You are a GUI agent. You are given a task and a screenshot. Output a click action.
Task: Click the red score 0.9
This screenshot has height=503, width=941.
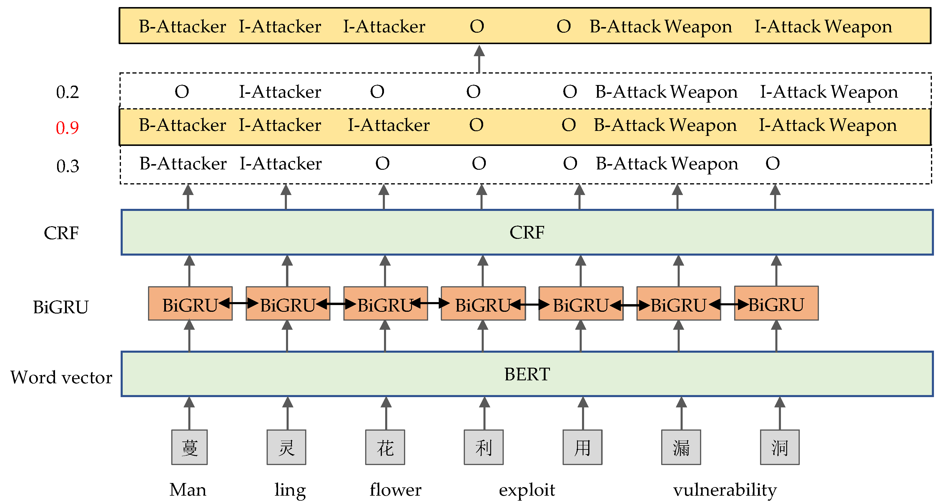coord(67,127)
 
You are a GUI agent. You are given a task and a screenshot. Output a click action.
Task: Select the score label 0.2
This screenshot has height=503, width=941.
coord(67,92)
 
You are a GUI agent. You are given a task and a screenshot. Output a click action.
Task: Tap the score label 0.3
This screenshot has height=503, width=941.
coord(68,166)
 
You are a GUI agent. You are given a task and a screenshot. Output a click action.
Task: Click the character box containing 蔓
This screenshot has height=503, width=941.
coord(189,447)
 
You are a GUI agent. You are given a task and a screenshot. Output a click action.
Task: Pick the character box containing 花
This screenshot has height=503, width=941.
coord(385,447)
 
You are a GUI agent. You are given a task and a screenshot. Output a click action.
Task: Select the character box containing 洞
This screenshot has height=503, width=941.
coord(779,447)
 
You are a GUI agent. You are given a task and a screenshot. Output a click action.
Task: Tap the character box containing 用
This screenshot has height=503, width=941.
coord(582,447)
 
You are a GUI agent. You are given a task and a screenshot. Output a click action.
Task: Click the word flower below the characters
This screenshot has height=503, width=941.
coord(395,489)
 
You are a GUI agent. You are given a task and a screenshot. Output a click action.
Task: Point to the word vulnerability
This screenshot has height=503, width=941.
coord(725,489)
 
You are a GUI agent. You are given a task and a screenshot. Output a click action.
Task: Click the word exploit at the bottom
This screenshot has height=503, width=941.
coord(527,489)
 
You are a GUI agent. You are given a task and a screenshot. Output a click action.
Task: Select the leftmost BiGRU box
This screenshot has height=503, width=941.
coord(190,304)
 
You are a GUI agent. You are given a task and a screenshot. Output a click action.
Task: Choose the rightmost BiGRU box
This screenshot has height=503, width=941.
coord(776,304)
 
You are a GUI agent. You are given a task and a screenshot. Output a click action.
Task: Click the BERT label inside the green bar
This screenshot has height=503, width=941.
coord(527,374)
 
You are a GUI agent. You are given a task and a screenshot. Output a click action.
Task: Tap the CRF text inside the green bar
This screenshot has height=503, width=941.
coord(527,232)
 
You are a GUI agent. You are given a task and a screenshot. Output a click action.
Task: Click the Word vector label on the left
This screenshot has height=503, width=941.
coord(61,377)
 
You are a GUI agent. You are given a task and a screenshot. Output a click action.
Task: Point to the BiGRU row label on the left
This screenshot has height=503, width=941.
coord(61,307)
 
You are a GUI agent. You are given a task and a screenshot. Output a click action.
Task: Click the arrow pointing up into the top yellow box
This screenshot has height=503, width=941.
coord(479,59)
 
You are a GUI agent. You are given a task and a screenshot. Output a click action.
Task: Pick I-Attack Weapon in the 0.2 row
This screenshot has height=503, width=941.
coord(829,92)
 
